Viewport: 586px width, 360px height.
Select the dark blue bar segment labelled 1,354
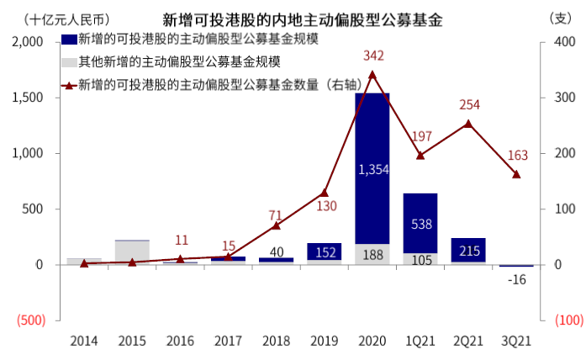372,168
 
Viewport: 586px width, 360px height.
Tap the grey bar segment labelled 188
372,254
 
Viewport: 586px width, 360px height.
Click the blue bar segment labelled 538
420,224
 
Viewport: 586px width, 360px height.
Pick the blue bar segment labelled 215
468,251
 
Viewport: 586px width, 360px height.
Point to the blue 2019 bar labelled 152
324,251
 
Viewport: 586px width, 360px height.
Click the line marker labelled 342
372,74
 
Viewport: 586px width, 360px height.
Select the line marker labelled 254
468,124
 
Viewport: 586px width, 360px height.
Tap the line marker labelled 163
516,174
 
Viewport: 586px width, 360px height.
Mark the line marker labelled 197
420,156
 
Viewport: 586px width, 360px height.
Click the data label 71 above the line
276,214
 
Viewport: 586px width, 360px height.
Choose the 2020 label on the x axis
372,341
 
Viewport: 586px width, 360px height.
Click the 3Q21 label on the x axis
516,341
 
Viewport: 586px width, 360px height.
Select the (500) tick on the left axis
31,320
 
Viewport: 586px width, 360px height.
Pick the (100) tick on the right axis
559,320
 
